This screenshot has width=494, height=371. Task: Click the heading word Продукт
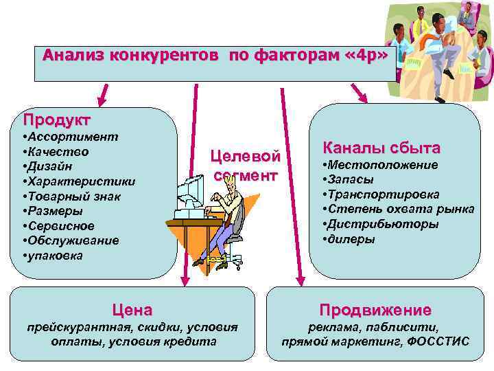coord(57,120)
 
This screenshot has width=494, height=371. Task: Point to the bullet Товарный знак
coord(73,196)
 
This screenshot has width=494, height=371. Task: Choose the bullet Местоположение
coord(382,165)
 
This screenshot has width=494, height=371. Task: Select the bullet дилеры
coord(351,239)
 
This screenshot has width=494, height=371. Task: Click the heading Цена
coord(132,310)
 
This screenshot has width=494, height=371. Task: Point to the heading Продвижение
coord(375,310)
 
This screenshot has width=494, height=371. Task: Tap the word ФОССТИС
coord(438,341)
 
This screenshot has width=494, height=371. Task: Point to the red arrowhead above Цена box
coord(184,279)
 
